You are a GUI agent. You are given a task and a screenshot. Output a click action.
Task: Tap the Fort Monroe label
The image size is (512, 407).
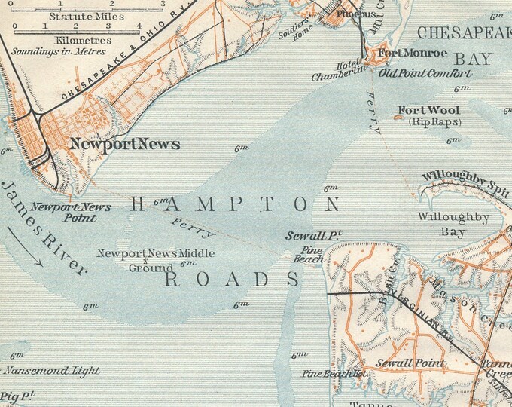pos(412,54)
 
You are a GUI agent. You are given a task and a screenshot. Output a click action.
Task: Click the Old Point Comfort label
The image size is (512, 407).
pos(425,73)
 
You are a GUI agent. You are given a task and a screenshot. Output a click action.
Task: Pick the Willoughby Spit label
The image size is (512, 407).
pos(465,176)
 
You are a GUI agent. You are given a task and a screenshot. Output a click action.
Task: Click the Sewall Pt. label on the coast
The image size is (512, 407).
pos(314,236)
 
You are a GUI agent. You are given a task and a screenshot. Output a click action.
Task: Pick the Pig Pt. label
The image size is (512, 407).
pos(14,394)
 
